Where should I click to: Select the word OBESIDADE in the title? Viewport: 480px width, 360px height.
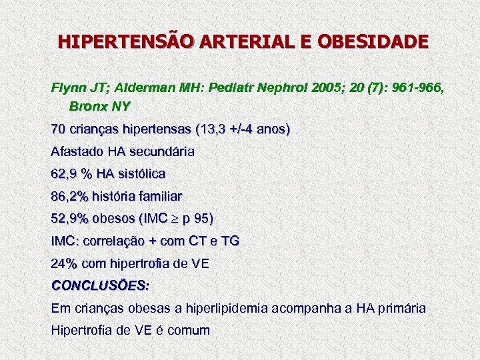[x=375, y=42]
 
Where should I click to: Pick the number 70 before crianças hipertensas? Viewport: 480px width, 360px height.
[x=59, y=129]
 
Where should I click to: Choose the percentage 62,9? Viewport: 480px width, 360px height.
[x=64, y=174]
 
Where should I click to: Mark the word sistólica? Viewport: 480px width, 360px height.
[x=141, y=174]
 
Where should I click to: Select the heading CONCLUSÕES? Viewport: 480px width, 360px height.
[x=100, y=285]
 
